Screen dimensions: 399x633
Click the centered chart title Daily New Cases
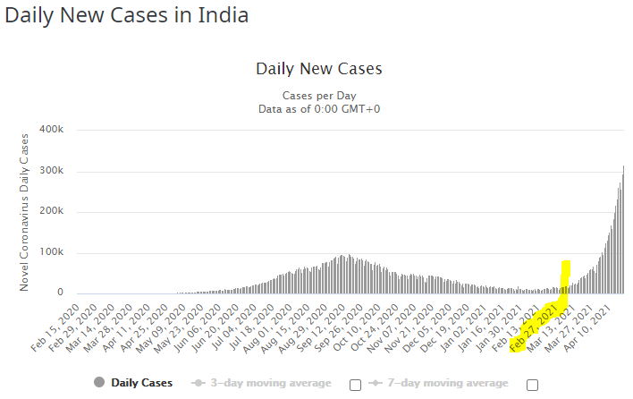318,69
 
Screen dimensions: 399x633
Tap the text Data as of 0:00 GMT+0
318,108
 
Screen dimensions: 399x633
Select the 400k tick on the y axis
51,130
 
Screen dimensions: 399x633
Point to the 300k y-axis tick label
51,171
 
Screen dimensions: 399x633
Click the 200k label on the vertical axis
51,212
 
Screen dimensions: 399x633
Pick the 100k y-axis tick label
51,252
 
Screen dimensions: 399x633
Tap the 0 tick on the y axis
60,293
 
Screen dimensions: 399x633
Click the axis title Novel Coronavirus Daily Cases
24,210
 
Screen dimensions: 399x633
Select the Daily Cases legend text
141,383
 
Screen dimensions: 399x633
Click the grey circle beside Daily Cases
97,383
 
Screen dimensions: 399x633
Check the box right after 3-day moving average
355,384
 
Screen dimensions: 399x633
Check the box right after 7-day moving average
532,384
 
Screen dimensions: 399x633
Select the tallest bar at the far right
623,233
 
